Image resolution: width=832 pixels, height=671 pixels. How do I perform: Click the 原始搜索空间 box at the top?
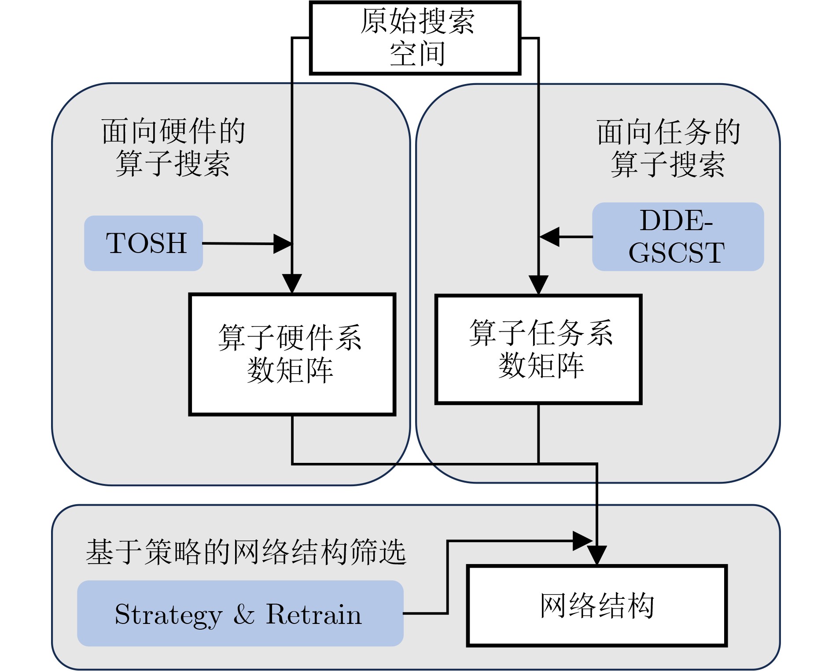(415, 38)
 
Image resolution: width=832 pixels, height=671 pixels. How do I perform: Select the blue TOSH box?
(144, 243)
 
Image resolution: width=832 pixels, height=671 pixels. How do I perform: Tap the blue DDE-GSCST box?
(677, 237)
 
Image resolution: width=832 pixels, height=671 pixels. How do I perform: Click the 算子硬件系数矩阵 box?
(292, 354)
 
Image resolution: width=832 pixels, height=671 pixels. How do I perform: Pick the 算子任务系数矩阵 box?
(538, 349)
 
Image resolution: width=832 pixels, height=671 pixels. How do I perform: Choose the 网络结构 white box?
(596, 606)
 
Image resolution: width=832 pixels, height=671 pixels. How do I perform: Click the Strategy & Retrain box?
(240, 613)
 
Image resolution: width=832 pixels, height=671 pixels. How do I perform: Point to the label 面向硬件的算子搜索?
(173, 147)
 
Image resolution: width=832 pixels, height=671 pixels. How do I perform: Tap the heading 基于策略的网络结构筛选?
(246, 552)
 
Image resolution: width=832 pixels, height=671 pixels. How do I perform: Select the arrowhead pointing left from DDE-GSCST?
(549, 237)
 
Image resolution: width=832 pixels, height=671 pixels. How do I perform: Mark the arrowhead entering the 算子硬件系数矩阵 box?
(292, 283)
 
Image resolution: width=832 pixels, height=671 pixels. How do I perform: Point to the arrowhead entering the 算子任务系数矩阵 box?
(538, 285)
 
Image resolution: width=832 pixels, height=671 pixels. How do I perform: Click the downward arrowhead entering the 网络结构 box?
(597, 555)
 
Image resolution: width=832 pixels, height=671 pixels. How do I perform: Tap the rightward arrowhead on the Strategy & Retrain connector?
(582, 541)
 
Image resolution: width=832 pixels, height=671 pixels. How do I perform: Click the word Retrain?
(313, 614)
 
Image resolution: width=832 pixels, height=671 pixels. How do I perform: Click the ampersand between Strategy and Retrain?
(244, 614)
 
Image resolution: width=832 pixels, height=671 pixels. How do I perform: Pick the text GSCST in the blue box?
(677, 253)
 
